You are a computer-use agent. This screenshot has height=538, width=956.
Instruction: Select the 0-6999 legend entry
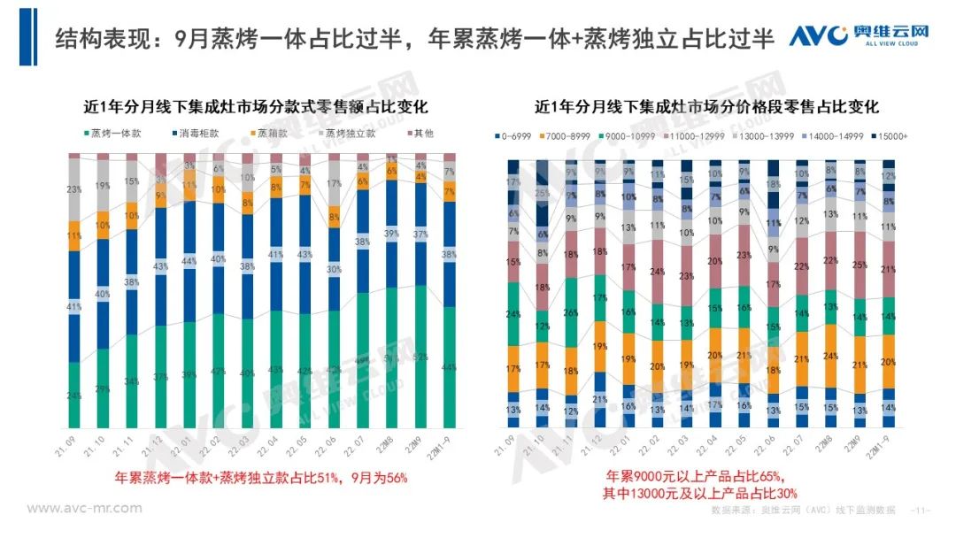click(x=516, y=136)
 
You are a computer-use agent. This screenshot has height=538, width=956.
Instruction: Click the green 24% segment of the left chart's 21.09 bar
click(x=74, y=395)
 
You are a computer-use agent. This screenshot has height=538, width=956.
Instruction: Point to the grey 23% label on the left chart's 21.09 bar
click(x=74, y=188)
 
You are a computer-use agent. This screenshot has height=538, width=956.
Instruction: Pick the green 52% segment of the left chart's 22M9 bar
click(x=420, y=357)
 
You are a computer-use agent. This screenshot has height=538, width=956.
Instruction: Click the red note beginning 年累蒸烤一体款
click(x=261, y=477)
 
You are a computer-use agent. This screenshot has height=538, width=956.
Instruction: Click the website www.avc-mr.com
click(x=84, y=508)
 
